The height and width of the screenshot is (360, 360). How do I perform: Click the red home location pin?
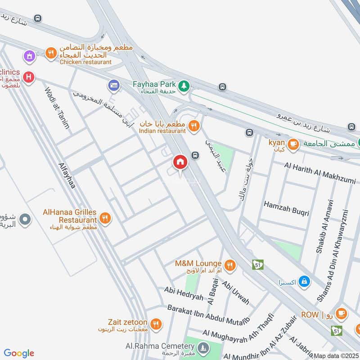click(x=180, y=162)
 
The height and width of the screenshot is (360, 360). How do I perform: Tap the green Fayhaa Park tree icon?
click(x=184, y=85)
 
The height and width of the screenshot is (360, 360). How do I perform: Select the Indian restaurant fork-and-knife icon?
click(x=194, y=126)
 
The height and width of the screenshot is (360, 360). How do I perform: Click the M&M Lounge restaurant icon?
click(x=230, y=265)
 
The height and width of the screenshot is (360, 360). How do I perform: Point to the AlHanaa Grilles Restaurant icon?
click(x=105, y=218)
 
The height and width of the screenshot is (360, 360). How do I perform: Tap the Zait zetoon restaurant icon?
click(x=156, y=324)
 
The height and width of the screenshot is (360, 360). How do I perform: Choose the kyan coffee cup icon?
click(x=293, y=144)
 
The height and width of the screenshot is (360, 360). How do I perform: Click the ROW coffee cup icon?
click(x=341, y=314)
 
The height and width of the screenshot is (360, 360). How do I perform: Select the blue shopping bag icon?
click(x=305, y=281)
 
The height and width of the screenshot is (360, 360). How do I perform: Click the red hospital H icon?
click(x=29, y=77)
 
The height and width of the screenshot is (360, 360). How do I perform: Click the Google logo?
click(x=19, y=353)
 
